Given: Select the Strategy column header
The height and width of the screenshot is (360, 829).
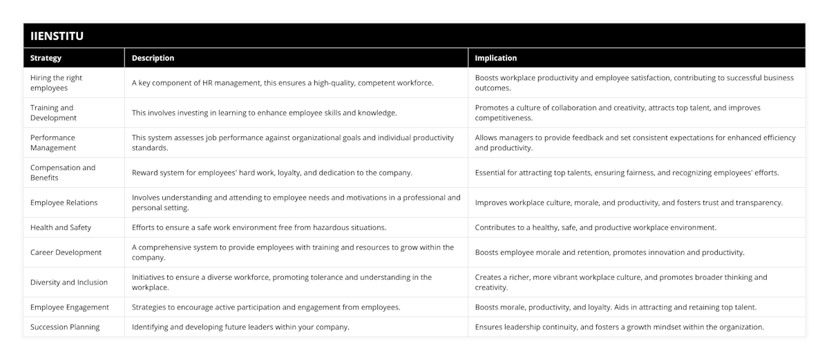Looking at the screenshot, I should [x=46, y=58].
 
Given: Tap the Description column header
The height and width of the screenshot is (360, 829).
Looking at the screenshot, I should [x=153, y=58].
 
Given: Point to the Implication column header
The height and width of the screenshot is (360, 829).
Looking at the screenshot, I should [x=495, y=58].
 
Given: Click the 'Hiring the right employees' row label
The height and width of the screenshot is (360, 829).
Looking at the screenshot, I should [x=56, y=83].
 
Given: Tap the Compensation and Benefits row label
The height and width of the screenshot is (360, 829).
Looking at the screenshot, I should [x=63, y=173].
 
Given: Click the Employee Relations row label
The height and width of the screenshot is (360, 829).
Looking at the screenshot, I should [x=64, y=202].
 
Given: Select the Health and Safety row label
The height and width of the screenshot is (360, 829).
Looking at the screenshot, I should [x=61, y=227].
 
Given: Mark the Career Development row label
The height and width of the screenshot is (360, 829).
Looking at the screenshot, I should [x=66, y=252].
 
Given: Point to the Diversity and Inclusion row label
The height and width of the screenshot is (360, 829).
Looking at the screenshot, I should [x=68, y=282].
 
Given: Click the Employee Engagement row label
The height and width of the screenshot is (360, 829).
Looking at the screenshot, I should [x=70, y=307].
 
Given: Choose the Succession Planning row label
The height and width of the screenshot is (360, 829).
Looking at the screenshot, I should [x=65, y=327].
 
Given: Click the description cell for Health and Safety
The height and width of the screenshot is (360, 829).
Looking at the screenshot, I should [x=259, y=227].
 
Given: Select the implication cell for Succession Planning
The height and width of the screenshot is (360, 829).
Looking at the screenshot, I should [x=619, y=327].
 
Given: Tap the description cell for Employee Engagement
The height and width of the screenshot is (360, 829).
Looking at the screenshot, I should [x=266, y=307].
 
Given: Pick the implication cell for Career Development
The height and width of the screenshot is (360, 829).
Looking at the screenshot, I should [x=609, y=252].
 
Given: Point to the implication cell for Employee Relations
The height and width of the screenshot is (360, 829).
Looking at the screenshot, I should [x=629, y=202].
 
